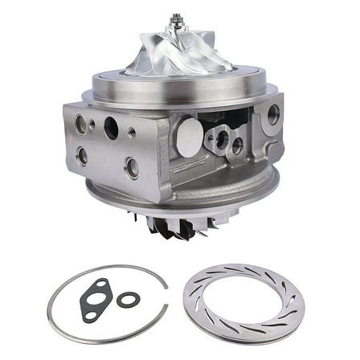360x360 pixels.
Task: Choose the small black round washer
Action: (x=127, y=299)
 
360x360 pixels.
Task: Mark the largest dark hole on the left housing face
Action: (x=111, y=129)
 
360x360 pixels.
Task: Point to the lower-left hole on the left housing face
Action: (x=83, y=155)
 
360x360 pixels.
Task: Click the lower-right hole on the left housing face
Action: (x=132, y=167)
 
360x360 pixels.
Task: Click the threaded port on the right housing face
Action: (x=272, y=114)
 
